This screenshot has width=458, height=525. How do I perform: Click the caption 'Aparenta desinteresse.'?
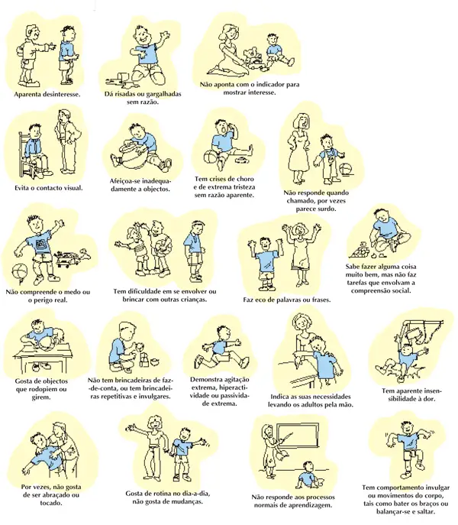[47, 95]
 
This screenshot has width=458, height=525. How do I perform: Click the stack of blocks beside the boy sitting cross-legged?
[360, 250]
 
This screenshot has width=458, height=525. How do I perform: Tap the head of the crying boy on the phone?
[222, 128]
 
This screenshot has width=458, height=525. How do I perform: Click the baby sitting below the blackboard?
[309, 475]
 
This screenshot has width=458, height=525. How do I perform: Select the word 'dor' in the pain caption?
[429, 399]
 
